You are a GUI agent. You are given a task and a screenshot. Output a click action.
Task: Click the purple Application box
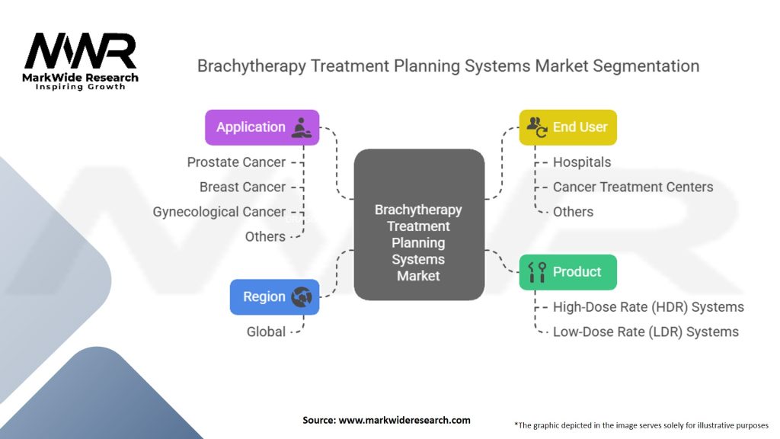(261, 127)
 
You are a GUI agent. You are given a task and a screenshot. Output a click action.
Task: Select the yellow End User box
(567, 127)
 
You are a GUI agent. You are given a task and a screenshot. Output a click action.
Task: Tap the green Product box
(567, 272)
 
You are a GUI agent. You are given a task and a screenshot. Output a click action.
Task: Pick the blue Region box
(274, 296)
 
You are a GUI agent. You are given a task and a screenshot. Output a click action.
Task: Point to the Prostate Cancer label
(236, 162)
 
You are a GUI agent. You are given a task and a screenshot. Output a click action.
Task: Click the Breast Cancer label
(242, 187)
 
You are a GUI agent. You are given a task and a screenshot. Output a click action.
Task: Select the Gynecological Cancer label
(219, 212)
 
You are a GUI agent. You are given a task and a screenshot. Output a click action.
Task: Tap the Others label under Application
(265, 236)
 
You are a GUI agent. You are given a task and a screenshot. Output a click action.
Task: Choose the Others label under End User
(573, 212)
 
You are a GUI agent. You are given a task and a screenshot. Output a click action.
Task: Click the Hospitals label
(582, 162)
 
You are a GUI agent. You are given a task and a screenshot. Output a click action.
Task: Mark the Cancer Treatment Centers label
(633, 187)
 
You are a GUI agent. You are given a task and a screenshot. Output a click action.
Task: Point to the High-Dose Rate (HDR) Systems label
(648, 307)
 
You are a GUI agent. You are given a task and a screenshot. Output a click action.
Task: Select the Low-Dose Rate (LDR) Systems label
(646, 332)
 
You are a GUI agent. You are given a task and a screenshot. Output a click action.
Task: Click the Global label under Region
(266, 332)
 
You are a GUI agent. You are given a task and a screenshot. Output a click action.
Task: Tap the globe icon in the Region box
(302, 296)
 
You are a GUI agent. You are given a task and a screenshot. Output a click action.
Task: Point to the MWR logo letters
(80, 51)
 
